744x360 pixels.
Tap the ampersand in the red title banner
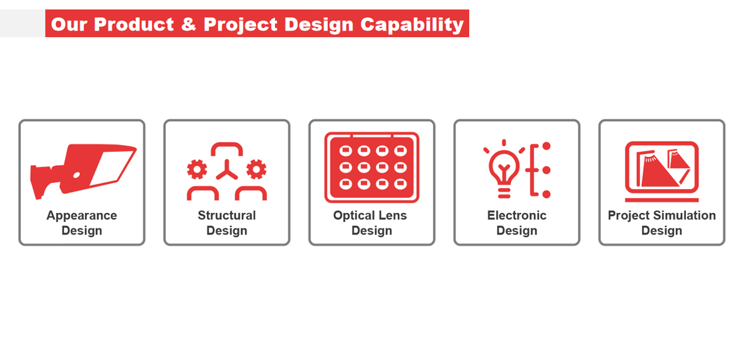coord(189,24)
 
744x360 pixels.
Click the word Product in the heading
coord(134,24)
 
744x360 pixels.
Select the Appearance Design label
coord(81,223)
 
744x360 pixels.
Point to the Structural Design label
coord(227,223)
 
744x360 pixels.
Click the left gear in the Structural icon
coord(197,170)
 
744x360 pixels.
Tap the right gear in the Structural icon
coord(256,170)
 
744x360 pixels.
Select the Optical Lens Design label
coord(370,223)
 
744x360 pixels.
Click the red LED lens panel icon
coord(371,168)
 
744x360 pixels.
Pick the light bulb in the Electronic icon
coord(504,169)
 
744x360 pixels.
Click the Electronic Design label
coord(517,223)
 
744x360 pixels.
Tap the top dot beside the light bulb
coord(546,146)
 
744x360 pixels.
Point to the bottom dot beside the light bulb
coord(546,194)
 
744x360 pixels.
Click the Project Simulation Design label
coord(661,223)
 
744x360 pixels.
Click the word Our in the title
coord(70,24)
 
